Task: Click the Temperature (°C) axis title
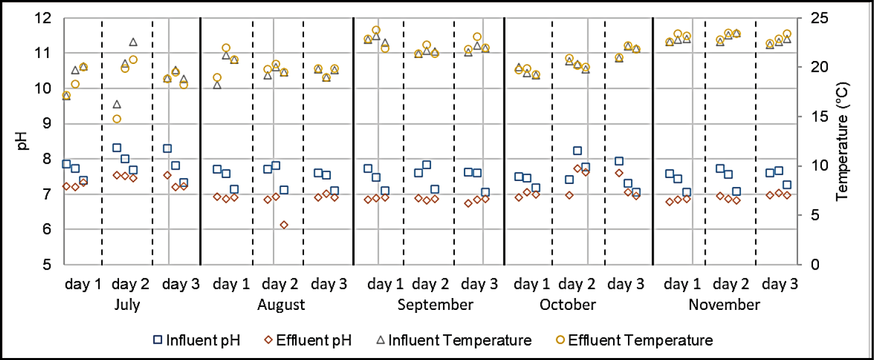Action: point(842,141)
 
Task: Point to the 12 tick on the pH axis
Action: point(43,18)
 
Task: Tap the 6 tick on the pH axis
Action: point(47,229)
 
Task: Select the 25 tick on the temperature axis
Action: point(819,18)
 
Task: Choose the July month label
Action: point(127,304)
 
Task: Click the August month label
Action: point(281,304)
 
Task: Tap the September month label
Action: point(435,304)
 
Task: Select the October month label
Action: point(567,304)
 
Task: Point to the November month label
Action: point(724,304)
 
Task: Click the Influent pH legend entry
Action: point(197,340)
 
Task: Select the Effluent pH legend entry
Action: point(308,340)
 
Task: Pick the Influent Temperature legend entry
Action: point(454,340)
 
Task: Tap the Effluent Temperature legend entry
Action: point(635,340)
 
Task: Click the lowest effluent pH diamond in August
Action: point(284,225)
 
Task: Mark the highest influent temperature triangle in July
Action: point(133,42)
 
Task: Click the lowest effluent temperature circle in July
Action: point(117,119)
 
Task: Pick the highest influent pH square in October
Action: point(577,151)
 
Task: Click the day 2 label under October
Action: point(576,284)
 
